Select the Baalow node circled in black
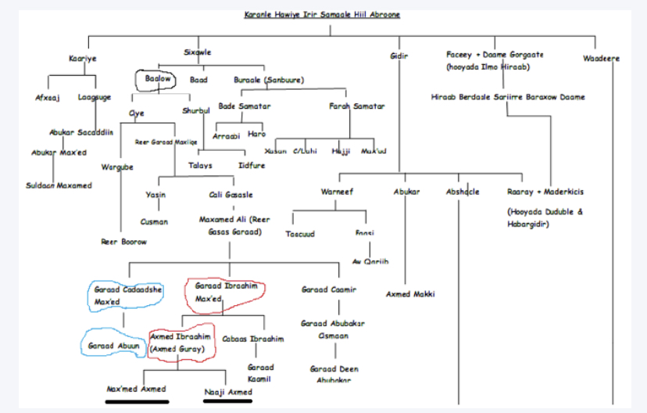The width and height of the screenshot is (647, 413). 158,80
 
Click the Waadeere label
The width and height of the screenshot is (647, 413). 600,58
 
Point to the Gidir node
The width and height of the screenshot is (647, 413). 398,56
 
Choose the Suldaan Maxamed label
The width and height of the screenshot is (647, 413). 59,185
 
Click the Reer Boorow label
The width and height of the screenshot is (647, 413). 123,242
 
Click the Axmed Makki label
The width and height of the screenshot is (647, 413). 410,294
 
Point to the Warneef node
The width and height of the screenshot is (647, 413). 338,192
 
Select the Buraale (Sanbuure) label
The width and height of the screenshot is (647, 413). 269,80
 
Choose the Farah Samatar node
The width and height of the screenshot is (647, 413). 356,106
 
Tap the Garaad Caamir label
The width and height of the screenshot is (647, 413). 329,289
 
